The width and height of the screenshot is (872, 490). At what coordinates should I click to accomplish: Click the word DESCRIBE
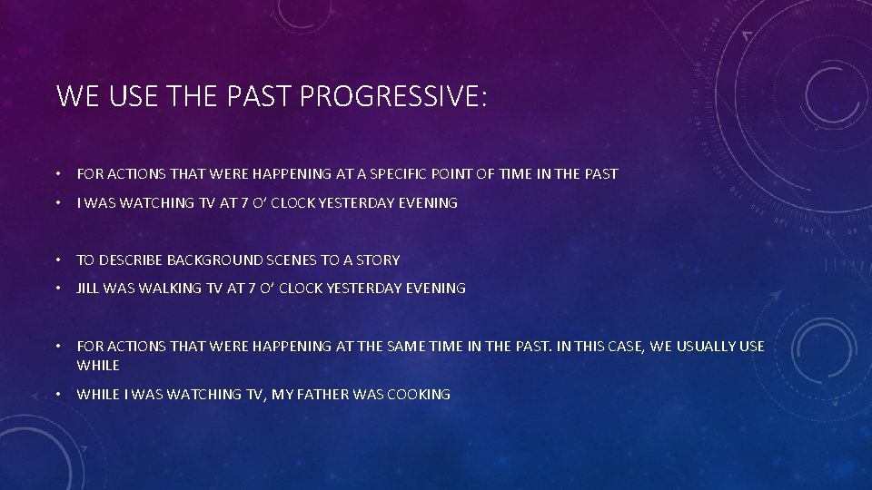click(130, 260)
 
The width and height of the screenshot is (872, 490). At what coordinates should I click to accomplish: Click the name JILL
click(88, 289)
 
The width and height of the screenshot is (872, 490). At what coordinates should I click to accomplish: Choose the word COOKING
click(419, 395)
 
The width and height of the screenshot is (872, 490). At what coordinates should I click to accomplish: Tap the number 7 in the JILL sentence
click(252, 289)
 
